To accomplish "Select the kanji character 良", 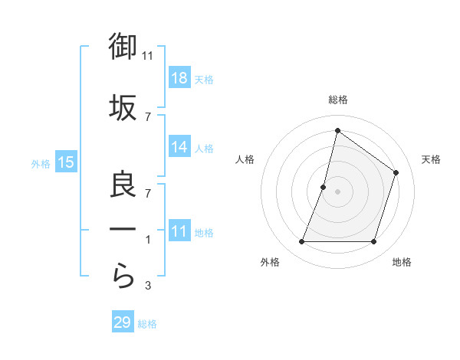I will tap(123, 185).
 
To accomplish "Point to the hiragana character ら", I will tap(123, 277).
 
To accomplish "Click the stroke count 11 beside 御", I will tap(148, 56).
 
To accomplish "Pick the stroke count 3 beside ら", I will tap(148, 286).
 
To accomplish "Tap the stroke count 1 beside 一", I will tap(148, 240).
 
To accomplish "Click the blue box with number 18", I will tap(179, 78).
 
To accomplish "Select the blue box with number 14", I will tap(179, 147).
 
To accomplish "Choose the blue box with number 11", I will tap(179, 231).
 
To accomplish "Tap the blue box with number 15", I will tap(66, 162).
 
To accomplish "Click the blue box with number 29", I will tap(123, 322).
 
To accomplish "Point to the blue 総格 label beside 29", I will tap(147, 324).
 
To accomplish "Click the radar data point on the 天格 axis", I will tap(396, 172).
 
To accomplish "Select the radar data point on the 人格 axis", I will tap(324, 187).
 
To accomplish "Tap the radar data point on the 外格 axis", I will tap(301, 242).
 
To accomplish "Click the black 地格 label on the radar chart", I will tap(402, 263).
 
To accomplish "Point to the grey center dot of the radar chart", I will tap(337, 191).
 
